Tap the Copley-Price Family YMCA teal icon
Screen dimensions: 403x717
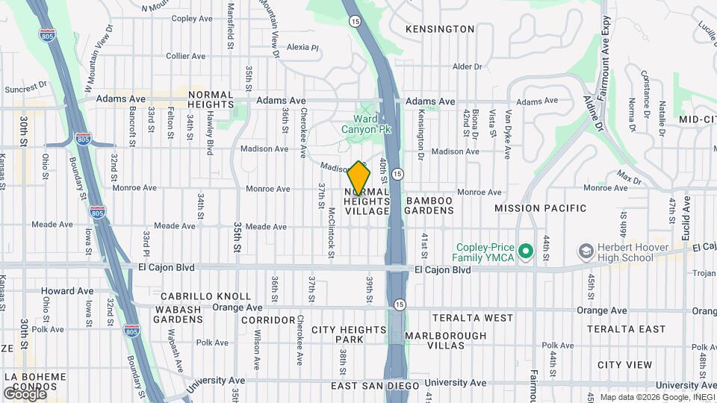pyautogui.click(x=525, y=252)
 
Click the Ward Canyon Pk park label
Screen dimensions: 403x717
pyautogui.click(x=366, y=123)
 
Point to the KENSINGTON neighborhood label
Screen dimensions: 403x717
pyautogui.click(x=439, y=29)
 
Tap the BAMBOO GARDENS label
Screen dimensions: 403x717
pyautogui.click(x=429, y=206)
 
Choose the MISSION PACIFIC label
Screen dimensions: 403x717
pyautogui.click(x=540, y=208)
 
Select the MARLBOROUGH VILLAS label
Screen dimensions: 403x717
pyautogui.click(x=445, y=342)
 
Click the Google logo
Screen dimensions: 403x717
pyautogui.click(x=24, y=393)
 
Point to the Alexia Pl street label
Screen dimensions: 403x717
pyautogui.click(x=302, y=47)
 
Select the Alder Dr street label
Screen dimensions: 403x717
pyautogui.click(x=467, y=66)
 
